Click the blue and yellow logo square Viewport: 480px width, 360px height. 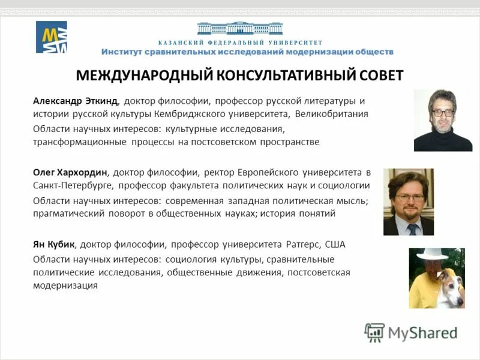tap(52, 37)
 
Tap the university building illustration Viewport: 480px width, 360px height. tap(239, 28)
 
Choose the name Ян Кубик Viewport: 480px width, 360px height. tap(53, 245)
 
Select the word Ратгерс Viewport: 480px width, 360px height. tap(302, 245)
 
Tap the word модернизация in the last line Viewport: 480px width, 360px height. tap(65, 286)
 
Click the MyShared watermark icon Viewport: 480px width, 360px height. tap(375, 332)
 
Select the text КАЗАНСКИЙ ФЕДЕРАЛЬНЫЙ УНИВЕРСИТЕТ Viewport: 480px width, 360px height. tap(240, 43)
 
